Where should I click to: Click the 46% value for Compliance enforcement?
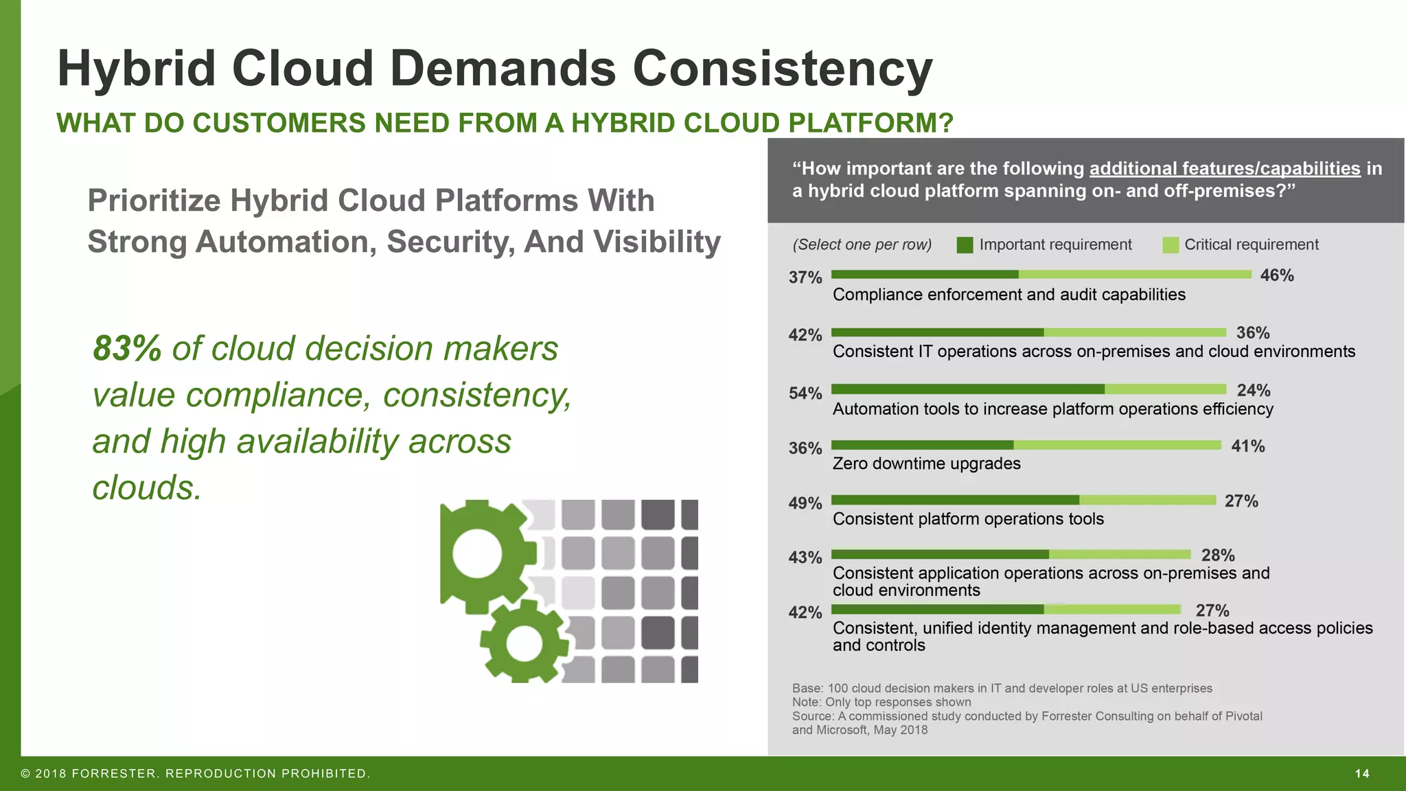pos(1276,275)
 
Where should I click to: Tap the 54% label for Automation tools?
pos(805,393)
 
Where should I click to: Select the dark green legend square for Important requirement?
pos(965,245)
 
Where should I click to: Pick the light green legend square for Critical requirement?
pos(1171,245)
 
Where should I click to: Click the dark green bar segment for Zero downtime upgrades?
pos(922,445)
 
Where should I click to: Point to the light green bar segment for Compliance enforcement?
pos(1135,275)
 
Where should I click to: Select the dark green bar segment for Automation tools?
pos(968,389)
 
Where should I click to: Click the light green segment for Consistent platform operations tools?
pos(1147,500)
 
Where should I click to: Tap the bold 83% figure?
pos(127,348)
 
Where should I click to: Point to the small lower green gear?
pos(523,642)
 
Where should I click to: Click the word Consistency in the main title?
pos(782,69)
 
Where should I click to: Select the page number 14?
pos(1362,774)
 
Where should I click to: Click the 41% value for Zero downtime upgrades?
pos(1247,446)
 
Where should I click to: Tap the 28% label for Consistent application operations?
pos(1217,555)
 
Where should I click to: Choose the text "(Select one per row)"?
pos(862,245)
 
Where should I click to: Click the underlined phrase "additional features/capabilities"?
pos(1224,169)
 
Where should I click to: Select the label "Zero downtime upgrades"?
pos(926,464)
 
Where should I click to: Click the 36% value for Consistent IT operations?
pos(1252,333)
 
